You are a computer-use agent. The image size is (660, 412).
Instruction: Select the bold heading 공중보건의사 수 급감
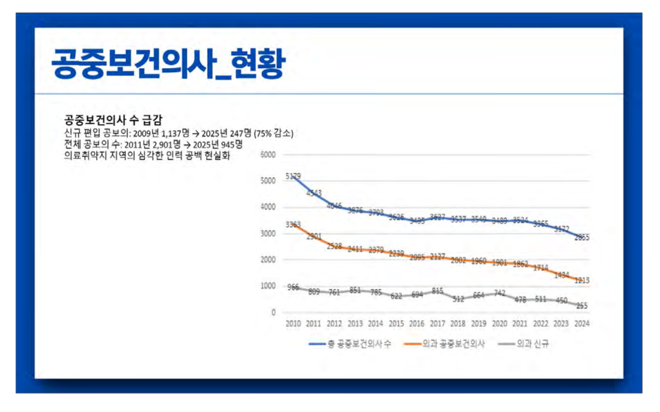tap(113, 118)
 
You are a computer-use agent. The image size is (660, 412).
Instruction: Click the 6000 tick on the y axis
tap(268, 154)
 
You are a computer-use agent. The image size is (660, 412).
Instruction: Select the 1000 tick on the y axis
tap(268, 286)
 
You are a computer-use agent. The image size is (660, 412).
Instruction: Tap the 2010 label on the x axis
tap(293, 323)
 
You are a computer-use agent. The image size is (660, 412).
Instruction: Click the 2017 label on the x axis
tap(437, 323)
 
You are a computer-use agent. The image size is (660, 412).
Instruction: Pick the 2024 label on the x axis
tap(582, 323)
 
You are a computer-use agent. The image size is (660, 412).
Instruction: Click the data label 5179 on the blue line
tap(293, 177)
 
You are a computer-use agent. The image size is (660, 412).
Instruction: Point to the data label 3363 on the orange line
tap(293, 225)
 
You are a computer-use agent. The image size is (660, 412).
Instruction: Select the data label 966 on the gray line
tap(293, 287)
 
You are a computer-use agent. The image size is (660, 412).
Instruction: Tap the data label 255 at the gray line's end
tap(582, 306)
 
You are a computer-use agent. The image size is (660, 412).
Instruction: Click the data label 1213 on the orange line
tap(582, 280)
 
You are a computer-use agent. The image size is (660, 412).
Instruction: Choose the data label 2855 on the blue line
tap(582, 238)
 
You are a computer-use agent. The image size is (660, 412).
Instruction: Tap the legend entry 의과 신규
tap(533, 343)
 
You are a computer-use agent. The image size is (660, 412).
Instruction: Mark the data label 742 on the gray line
tap(499, 293)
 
